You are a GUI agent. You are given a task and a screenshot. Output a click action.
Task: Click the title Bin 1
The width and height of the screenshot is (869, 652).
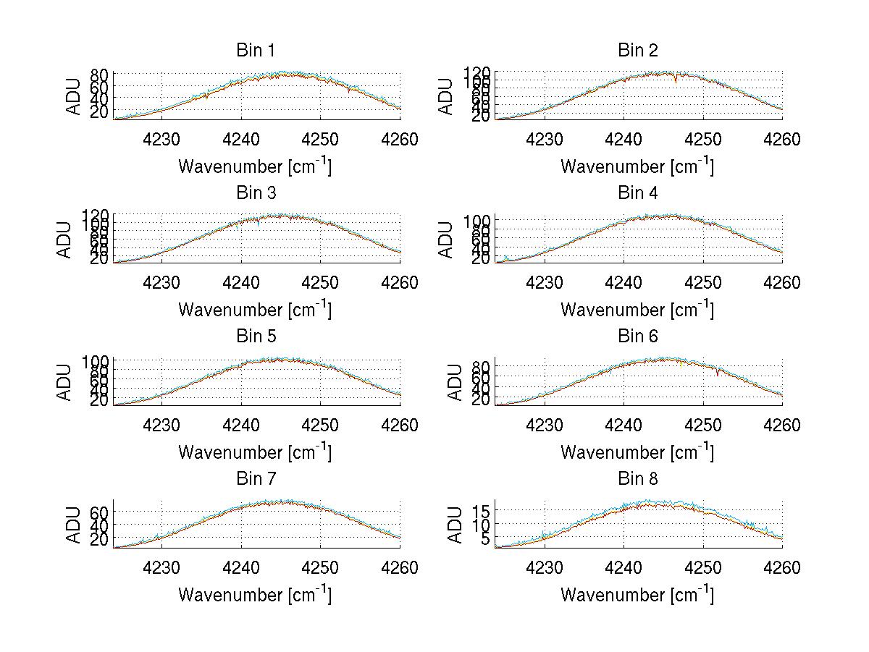coord(256,50)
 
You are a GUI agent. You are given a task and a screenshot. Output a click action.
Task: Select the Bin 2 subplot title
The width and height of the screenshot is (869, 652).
coord(638,50)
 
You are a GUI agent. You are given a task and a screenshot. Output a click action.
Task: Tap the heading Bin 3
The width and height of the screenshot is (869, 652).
coord(256,192)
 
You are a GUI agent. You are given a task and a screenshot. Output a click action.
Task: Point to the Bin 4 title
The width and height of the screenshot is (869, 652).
coord(638,192)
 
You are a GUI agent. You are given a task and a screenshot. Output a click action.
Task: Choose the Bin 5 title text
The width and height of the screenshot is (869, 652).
coord(256,336)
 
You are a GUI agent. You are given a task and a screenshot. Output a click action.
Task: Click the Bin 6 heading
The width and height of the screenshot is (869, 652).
coord(638,336)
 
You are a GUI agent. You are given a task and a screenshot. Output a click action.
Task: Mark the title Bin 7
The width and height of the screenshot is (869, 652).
coord(256,478)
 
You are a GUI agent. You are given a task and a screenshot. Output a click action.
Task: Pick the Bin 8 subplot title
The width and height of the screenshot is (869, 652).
coord(638,478)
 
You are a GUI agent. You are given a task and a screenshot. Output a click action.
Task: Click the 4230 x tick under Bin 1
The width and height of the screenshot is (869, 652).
coord(161,139)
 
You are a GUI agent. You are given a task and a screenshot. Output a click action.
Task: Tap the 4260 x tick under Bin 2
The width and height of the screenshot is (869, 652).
coord(781,139)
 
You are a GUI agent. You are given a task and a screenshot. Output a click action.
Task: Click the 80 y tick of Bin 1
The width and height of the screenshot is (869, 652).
coord(100,74)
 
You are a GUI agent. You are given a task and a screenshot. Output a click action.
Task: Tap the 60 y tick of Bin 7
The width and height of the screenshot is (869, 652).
coord(100,512)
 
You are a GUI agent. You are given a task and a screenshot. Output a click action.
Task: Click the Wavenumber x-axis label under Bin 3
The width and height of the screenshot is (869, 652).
coord(255,309)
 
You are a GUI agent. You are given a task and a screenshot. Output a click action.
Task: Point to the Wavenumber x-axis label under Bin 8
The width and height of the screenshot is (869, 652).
coord(637,595)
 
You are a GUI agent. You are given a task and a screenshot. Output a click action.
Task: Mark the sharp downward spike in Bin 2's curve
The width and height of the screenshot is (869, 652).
coord(676,80)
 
